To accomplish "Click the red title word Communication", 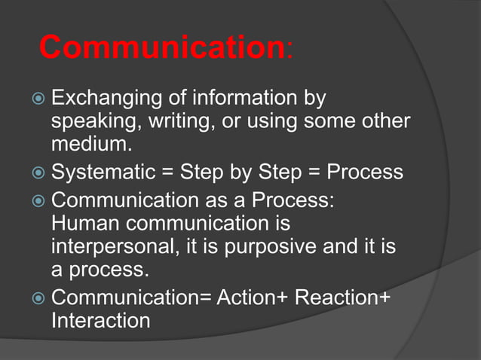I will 161,48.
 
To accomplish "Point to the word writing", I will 179,121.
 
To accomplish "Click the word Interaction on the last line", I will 100,320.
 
